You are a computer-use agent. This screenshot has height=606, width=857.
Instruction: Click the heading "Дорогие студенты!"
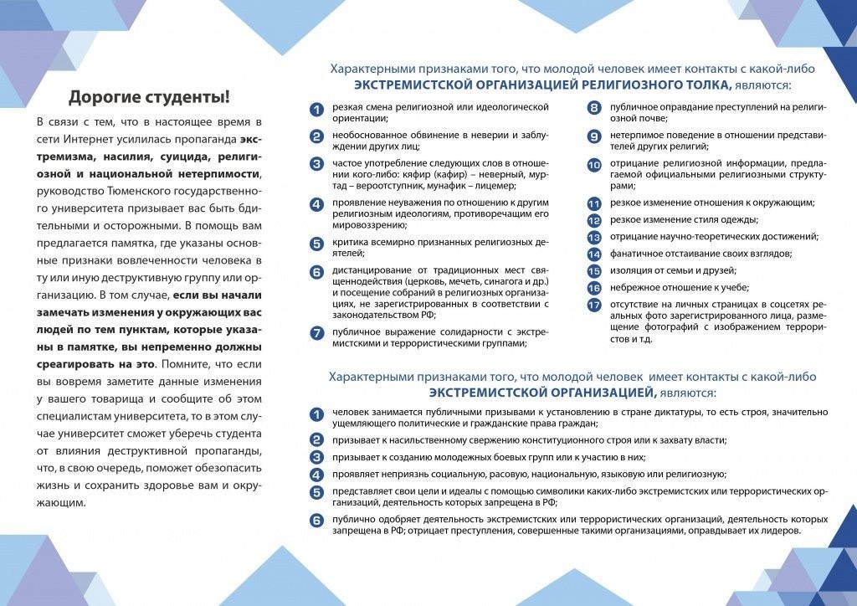(x=149, y=96)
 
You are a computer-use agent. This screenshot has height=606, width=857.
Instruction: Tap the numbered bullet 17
(x=594, y=305)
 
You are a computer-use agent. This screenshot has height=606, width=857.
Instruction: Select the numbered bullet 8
(x=594, y=108)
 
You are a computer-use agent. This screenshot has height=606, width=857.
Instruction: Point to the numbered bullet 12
(x=594, y=220)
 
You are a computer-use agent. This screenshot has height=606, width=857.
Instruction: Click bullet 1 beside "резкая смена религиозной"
(x=316, y=109)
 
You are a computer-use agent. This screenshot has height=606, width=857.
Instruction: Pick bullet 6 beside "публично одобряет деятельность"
(x=316, y=521)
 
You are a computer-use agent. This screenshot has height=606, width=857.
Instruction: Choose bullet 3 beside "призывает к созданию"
(x=316, y=457)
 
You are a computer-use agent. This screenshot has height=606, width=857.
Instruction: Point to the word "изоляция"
(x=632, y=270)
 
